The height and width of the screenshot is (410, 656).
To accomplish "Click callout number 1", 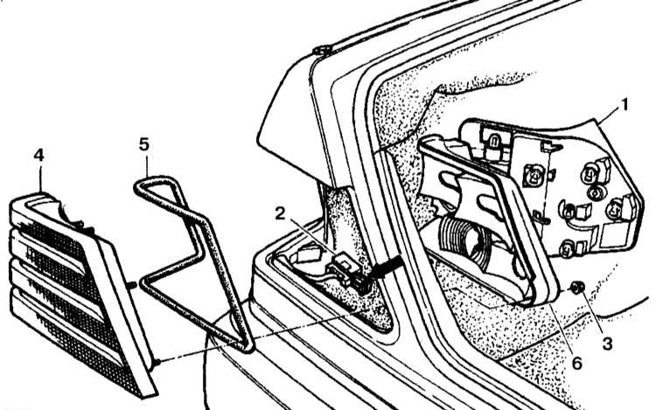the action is tap(625, 105).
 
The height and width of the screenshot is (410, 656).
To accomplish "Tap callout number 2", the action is tap(280, 213).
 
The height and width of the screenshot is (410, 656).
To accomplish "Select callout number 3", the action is tap(607, 344).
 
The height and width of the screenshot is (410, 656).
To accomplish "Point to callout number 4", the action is tap(38, 156).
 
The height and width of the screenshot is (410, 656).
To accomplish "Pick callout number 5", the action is tap(143, 144).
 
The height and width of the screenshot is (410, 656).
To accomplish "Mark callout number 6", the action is tap(577, 363).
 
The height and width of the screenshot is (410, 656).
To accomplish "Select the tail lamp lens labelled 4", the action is tap(80, 293).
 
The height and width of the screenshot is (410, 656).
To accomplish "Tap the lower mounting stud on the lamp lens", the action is tap(157, 362).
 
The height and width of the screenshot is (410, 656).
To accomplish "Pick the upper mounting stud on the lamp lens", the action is tap(131, 285).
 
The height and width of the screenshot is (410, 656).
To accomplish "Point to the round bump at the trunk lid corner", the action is tap(321, 51).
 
